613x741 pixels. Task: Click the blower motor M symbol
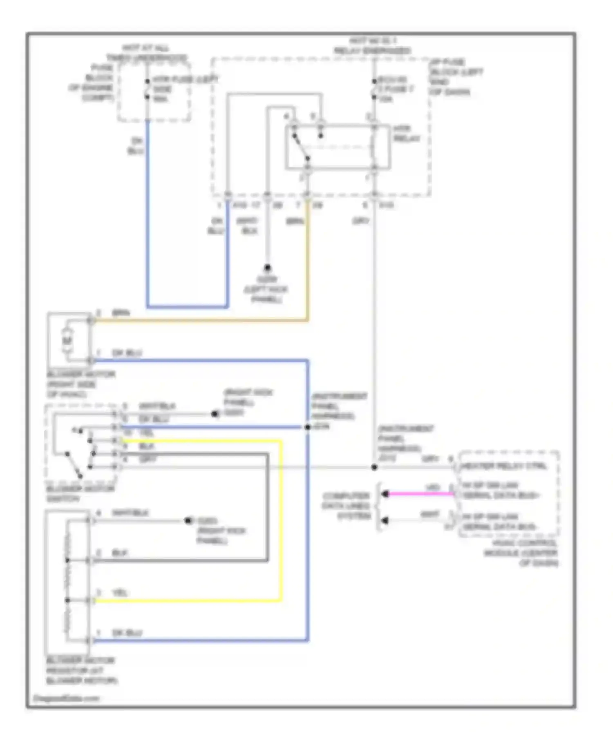pyautogui.click(x=67, y=340)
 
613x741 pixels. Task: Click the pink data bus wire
pyautogui.click(x=421, y=494)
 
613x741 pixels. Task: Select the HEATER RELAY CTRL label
pyautogui.click(x=503, y=466)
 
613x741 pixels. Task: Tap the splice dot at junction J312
pyautogui.click(x=374, y=467)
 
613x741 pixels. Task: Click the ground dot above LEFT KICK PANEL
pyautogui.click(x=267, y=268)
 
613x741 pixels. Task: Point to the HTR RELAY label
pyautogui.click(x=406, y=134)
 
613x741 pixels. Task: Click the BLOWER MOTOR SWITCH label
pyautogui.click(x=81, y=493)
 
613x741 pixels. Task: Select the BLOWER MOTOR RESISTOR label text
pyautogui.click(x=82, y=670)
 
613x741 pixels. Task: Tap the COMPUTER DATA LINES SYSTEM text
pyautogui.click(x=346, y=506)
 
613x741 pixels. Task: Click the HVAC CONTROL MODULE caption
pyautogui.click(x=521, y=553)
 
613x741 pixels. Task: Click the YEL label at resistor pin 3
pyautogui.click(x=120, y=593)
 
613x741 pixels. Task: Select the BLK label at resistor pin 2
pyautogui.click(x=120, y=553)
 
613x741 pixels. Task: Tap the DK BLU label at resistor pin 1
pyautogui.click(x=127, y=633)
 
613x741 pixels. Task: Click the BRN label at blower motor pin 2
pyautogui.click(x=121, y=313)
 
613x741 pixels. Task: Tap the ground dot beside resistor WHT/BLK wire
pyautogui.click(x=188, y=520)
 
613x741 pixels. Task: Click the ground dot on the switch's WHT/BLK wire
pyautogui.click(x=215, y=414)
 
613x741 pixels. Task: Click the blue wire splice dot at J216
pyautogui.click(x=307, y=427)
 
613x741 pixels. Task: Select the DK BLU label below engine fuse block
pyautogui.click(x=136, y=146)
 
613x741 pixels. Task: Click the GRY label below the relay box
pyautogui.click(x=360, y=221)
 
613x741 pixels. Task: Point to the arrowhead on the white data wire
pyautogui.click(x=385, y=520)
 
